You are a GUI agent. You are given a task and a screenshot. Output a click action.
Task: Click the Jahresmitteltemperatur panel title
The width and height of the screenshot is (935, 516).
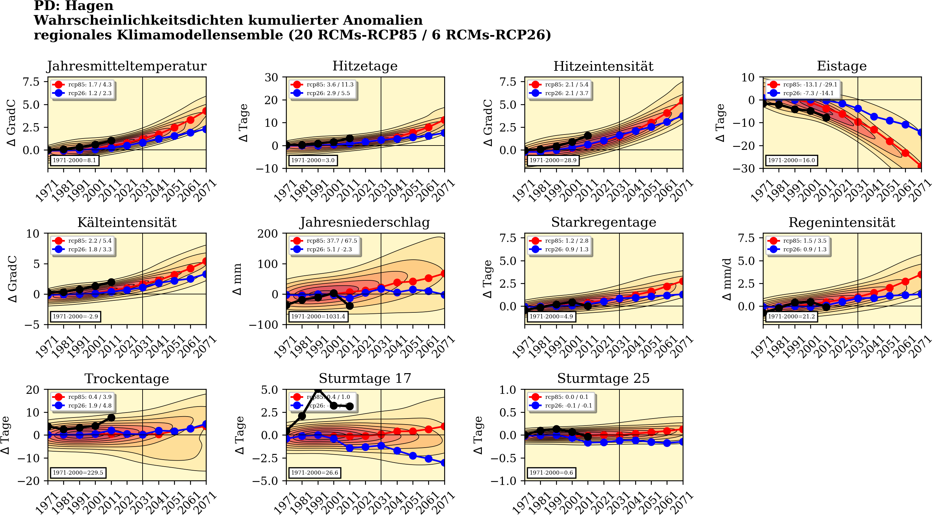[x=127, y=66]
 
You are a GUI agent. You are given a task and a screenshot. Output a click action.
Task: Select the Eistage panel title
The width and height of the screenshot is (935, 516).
[x=841, y=66]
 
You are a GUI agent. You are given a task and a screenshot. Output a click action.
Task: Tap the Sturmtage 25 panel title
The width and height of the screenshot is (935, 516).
[x=603, y=378]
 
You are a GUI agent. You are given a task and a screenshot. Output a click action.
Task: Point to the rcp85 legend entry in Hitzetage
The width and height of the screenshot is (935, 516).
[x=323, y=84]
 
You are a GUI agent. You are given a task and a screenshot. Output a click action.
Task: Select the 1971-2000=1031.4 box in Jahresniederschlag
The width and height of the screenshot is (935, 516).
[x=318, y=316]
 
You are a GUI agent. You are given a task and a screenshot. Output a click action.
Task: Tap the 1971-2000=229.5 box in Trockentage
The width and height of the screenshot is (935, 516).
[x=78, y=473]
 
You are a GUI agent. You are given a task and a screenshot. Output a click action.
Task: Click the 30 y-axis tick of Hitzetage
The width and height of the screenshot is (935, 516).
[x=271, y=77]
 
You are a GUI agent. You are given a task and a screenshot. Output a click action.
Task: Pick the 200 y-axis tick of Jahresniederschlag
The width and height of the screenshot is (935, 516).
[x=267, y=234]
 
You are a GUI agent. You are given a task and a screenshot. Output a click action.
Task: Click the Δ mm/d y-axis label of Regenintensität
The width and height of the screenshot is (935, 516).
[x=727, y=279]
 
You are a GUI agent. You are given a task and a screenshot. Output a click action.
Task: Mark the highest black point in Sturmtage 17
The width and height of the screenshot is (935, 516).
[x=318, y=390]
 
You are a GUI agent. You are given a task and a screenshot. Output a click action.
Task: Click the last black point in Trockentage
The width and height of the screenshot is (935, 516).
[x=112, y=418]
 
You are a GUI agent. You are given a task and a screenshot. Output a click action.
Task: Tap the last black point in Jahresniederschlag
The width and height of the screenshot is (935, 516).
[x=350, y=306]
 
